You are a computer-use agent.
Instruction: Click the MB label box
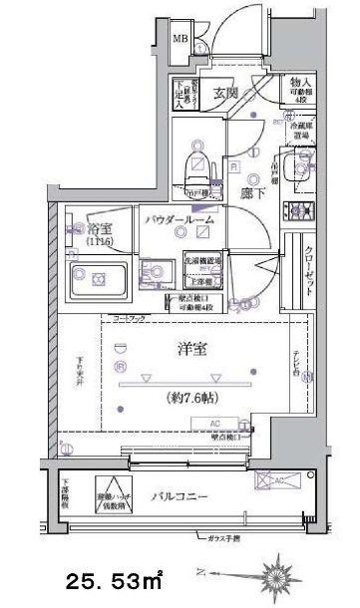tap(180, 40)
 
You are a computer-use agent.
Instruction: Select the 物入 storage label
tap(298, 88)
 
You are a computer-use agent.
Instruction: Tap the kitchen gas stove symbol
tap(296, 210)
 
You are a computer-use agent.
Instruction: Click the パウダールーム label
tap(176, 217)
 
